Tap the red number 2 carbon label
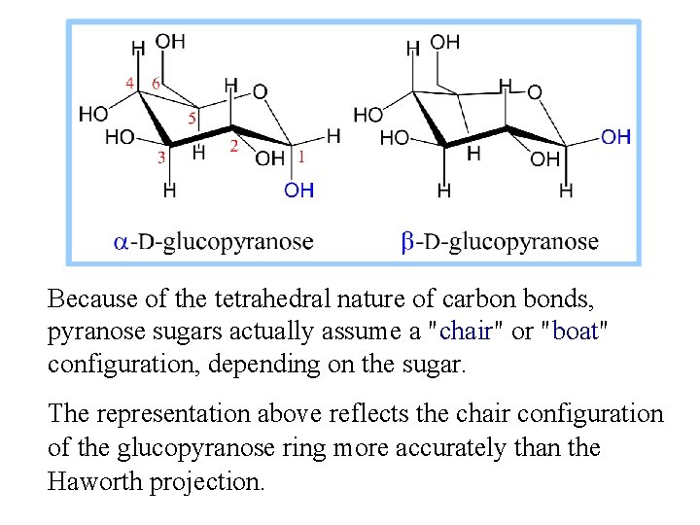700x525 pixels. (x=232, y=146)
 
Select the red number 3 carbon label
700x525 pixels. (x=162, y=156)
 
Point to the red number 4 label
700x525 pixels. (x=129, y=84)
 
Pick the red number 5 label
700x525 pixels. (x=192, y=119)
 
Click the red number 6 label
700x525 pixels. (x=156, y=84)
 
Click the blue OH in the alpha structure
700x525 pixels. (x=298, y=191)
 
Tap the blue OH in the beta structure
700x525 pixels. (x=615, y=136)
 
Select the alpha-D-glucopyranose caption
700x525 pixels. (x=214, y=241)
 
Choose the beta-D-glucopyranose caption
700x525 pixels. (x=500, y=241)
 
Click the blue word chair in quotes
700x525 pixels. (x=465, y=332)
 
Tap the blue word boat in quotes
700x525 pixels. (x=576, y=332)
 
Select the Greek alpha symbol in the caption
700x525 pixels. (x=122, y=242)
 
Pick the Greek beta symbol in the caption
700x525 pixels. (x=408, y=241)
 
